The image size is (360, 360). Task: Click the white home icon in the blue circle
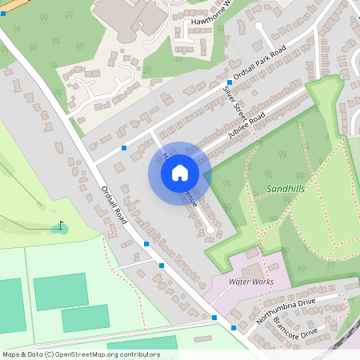pyautogui.click(x=180, y=172)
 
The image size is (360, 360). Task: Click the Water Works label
pyautogui.click(x=251, y=282)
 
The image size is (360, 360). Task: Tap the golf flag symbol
pyautogui.click(x=61, y=226)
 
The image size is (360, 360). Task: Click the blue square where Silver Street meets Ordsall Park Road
pyautogui.click(x=229, y=82)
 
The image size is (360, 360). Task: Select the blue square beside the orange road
pyautogui.click(x=4, y=26)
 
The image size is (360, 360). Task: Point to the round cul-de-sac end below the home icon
pyautogui.click(x=210, y=230)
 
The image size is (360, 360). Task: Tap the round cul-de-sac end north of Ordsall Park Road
pyautogui.click(x=258, y=26)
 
